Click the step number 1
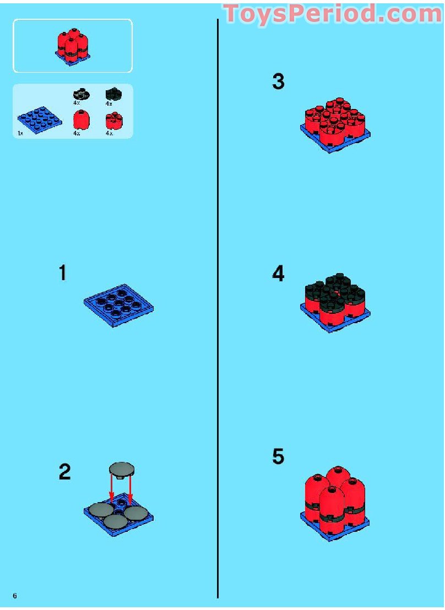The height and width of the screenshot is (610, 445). coord(63,273)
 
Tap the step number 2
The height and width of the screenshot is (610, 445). coord(64,472)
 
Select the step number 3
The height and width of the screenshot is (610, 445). coord(278,82)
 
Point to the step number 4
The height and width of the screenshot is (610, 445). coord(278,274)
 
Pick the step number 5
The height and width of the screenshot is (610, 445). coord(278,456)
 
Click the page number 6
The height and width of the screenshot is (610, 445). coord(15,596)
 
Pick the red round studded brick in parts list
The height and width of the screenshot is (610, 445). coord(113,119)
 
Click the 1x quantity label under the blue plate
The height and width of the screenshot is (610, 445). coord(20,134)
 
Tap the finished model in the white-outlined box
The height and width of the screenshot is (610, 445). coord(72,46)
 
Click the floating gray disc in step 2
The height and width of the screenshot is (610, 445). coord(123,469)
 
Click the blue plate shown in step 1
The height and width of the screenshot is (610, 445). coord(118,305)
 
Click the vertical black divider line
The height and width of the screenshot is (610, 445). coord(218,308)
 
